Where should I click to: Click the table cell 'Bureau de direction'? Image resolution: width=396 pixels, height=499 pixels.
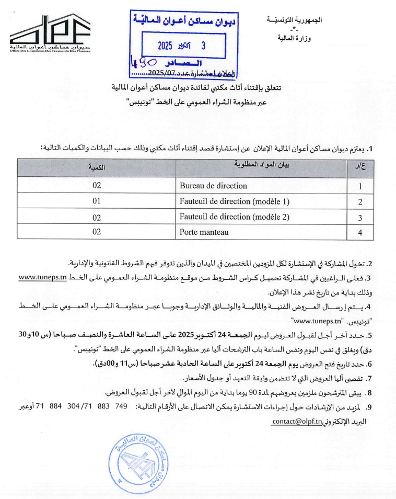point(213,186)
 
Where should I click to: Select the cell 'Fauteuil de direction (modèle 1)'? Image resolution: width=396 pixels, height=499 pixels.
point(235,201)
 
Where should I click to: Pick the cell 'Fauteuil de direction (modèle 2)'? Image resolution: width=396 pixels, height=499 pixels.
point(235,217)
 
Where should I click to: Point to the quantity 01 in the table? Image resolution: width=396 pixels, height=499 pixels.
point(97,201)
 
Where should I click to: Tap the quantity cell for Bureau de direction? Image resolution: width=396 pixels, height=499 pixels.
point(97,186)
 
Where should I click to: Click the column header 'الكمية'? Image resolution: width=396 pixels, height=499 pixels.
point(97,167)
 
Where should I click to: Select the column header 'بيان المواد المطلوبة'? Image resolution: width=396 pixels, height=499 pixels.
point(261,167)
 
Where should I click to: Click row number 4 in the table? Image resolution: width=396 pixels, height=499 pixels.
point(360,232)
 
